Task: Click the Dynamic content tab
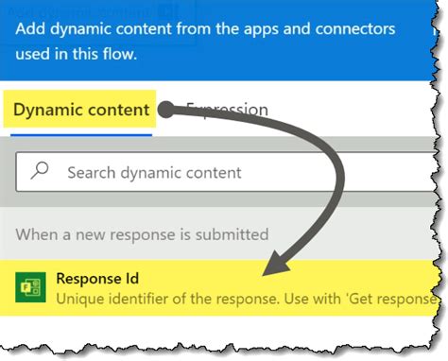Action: pos(81,110)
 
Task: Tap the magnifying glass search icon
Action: pos(40,172)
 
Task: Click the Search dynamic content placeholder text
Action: pos(154,173)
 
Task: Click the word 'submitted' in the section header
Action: pos(233,233)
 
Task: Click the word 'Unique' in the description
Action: pos(81,299)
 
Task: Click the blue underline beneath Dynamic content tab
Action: pos(81,133)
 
